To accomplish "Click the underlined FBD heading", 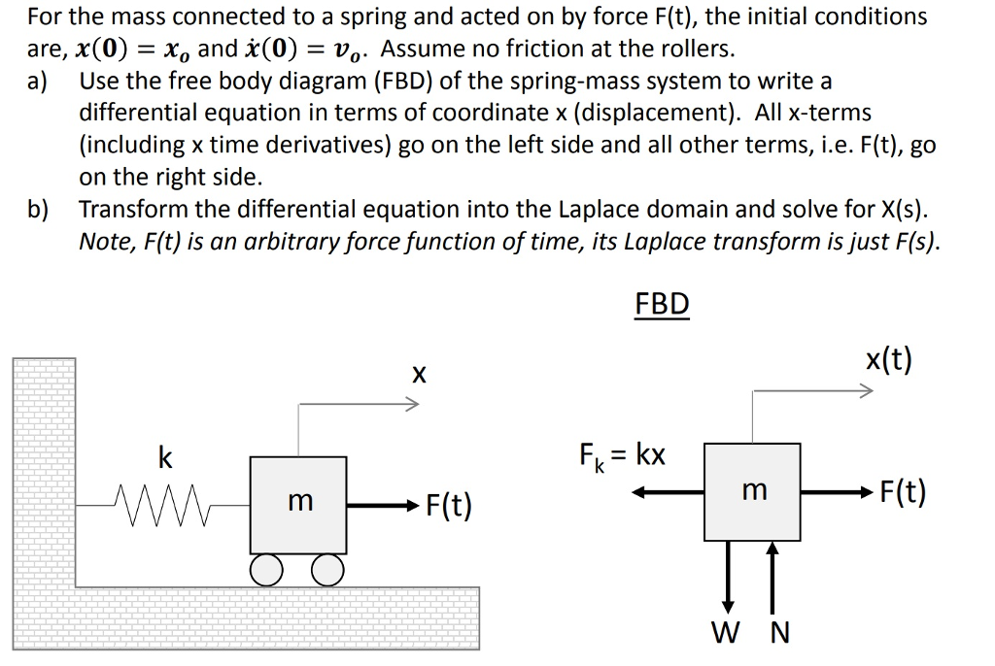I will point(662,304).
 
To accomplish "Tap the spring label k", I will point(165,458).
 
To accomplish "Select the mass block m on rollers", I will point(298,503).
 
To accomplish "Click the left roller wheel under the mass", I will point(266,570).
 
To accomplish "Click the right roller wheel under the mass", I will point(327,570).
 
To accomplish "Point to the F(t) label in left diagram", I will point(448,505).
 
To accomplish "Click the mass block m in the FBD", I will point(752,491).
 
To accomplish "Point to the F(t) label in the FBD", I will point(902,492).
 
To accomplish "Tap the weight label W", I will point(724,634).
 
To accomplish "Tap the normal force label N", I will point(779,634).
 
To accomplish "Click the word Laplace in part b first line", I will point(600,210).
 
